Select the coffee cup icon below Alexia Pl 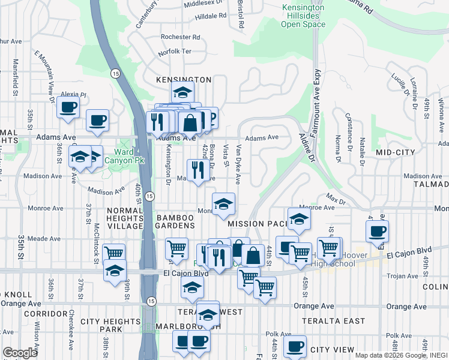[68, 108]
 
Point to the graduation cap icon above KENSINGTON [182, 92]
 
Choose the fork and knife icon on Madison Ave [195, 169]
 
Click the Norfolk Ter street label [174, 52]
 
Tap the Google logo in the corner [20, 352]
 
